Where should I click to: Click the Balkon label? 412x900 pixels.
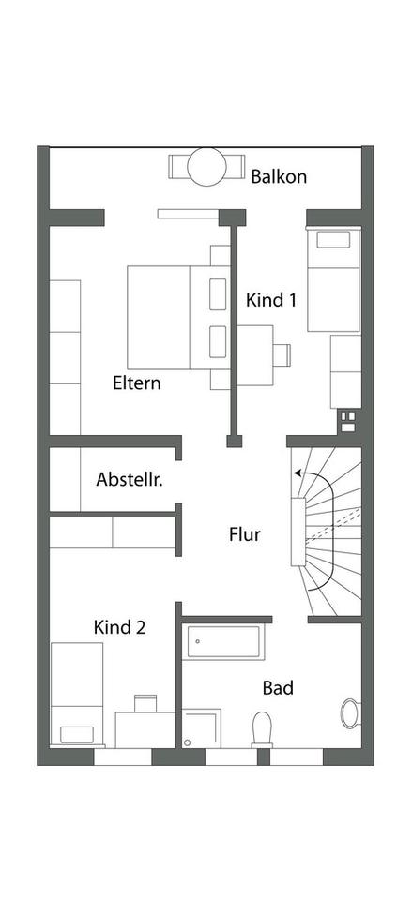pyautogui.click(x=278, y=176)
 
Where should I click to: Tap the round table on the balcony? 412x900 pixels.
pyautogui.click(x=206, y=167)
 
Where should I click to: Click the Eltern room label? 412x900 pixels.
pyautogui.click(x=137, y=382)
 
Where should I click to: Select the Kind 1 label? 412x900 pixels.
pyautogui.click(x=271, y=300)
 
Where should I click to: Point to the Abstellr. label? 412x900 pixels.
pyautogui.click(x=130, y=479)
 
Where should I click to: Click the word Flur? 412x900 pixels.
pyautogui.click(x=245, y=535)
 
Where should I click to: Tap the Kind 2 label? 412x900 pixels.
pyautogui.click(x=119, y=627)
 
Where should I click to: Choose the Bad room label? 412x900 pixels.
pyautogui.click(x=278, y=687)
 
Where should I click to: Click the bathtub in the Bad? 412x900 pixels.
pyautogui.click(x=223, y=642)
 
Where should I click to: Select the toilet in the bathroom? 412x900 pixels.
pyautogui.click(x=262, y=729)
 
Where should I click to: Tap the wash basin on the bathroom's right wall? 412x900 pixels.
pyautogui.click(x=350, y=713)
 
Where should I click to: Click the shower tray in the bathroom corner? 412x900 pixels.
pyautogui.click(x=202, y=728)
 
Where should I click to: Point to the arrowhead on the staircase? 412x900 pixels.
pyautogui.click(x=298, y=473)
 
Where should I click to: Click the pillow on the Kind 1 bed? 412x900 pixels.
pyautogui.click(x=333, y=240)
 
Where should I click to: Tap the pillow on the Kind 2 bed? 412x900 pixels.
pyautogui.click(x=77, y=735)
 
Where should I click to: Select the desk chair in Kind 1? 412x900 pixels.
pyautogui.click(x=282, y=354)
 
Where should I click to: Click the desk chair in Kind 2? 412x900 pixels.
pyautogui.click(x=145, y=704)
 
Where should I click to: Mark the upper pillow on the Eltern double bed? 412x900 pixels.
pyautogui.click(x=218, y=293)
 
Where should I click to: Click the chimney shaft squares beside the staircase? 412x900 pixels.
pyautogui.click(x=347, y=420)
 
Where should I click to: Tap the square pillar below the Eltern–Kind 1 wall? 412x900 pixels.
pyautogui.click(x=234, y=441)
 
